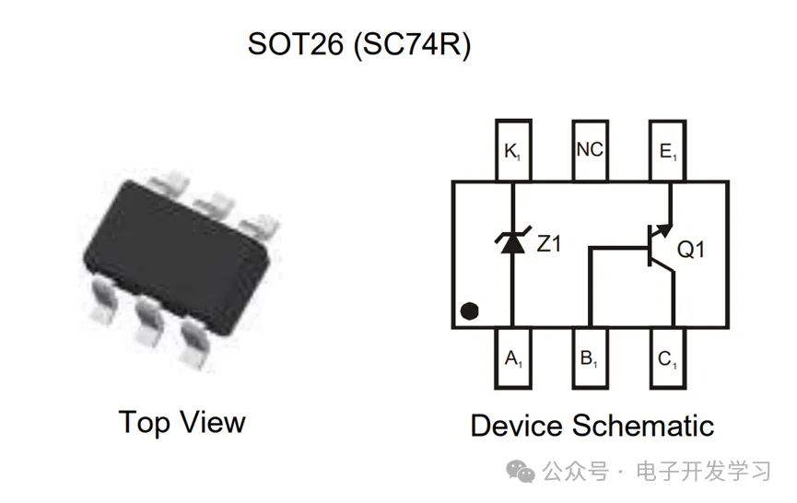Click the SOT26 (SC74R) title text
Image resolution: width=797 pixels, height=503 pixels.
click(359, 44)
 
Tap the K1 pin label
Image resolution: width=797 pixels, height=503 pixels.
click(512, 150)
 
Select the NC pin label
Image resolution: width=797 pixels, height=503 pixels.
click(589, 149)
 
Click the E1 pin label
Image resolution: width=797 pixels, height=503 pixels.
click(667, 150)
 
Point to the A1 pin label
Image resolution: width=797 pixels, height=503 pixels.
click(512, 359)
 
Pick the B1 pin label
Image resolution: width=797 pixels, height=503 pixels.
click(589, 359)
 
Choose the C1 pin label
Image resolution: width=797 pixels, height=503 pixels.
click(667, 359)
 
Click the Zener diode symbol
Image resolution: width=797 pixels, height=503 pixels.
click(512, 241)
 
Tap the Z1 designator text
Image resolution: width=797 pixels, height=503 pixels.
click(549, 244)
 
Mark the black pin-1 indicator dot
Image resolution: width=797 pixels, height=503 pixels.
click(470, 310)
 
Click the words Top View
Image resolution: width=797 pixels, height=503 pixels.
click(182, 422)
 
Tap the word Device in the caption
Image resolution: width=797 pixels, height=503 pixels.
click(516, 426)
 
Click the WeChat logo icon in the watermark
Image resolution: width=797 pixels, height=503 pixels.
click(523, 473)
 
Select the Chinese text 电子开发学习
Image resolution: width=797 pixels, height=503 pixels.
click(704, 473)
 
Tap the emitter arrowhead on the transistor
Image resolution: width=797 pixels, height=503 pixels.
click(662, 231)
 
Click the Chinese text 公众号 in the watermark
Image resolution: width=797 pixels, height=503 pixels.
click(575, 473)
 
